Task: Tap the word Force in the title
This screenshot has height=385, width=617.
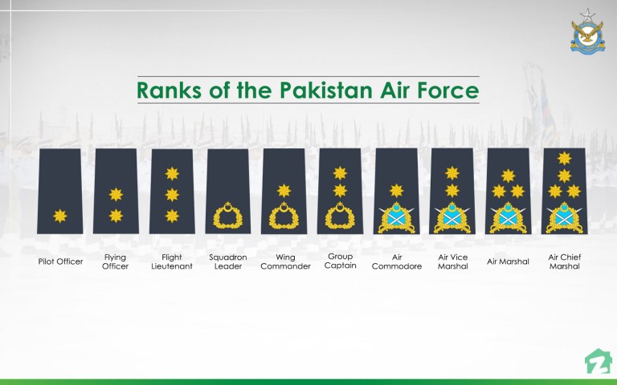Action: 445,89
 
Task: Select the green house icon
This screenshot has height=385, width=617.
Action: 595,361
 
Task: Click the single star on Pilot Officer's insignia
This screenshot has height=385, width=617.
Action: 60,215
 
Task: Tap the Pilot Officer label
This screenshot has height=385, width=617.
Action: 60,261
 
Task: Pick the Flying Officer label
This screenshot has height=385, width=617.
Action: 115,261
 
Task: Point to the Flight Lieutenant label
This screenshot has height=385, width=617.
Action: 172,261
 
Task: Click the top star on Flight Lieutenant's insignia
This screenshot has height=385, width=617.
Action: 171,172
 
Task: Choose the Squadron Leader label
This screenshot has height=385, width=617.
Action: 227,261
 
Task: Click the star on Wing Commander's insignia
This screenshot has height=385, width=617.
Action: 284,190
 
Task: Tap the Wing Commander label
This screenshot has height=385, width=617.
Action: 285,261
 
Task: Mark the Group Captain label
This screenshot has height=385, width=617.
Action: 341,261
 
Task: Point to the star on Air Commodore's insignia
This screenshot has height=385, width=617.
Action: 396,190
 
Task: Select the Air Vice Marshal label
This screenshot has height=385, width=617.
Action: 453,261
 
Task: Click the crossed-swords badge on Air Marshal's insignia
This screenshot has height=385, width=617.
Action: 508,217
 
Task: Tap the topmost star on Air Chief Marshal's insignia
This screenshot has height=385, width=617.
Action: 564,158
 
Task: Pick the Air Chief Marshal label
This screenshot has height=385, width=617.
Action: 564,261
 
